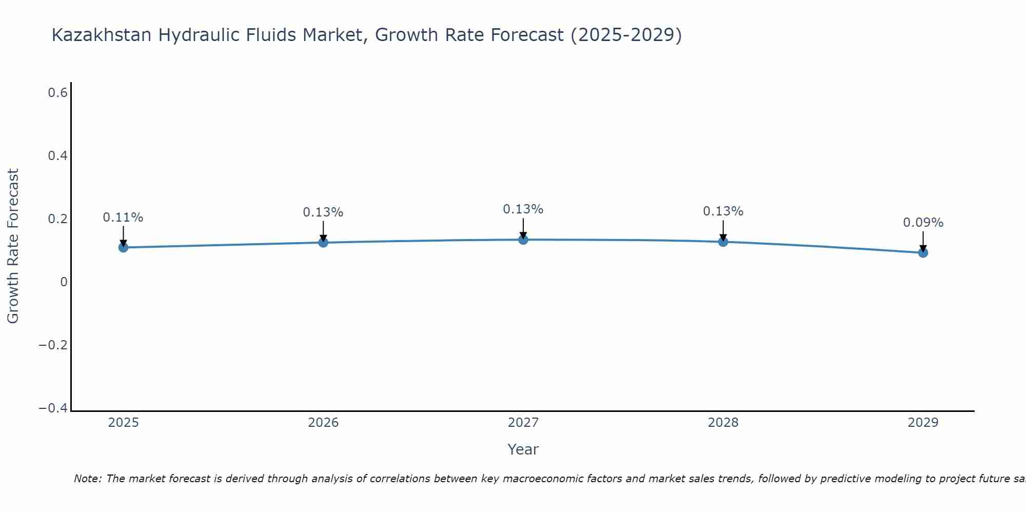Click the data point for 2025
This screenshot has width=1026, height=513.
point(123,247)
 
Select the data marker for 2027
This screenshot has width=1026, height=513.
point(523,240)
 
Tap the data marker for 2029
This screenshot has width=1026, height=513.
point(923,252)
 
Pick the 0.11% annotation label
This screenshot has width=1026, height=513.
point(123,218)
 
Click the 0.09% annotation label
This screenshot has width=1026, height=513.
point(923,223)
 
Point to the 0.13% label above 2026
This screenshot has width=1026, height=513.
point(323,212)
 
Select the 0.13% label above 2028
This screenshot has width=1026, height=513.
point(723,211)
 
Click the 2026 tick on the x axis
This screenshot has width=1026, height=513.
point(323,423)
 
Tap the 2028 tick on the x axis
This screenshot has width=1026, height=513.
point(723,423)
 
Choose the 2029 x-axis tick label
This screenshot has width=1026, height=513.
point(923,423)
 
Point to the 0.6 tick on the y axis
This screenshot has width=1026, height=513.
point(57,93)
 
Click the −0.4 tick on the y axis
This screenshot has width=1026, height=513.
point(53,408)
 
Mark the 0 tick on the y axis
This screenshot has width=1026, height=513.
point(64,282)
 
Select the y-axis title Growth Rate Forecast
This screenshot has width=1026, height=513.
point(13,246)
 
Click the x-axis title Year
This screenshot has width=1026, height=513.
point(523,449)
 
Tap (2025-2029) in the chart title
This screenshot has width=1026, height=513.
point(626,35)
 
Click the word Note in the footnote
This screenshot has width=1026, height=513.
point(87,479)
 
